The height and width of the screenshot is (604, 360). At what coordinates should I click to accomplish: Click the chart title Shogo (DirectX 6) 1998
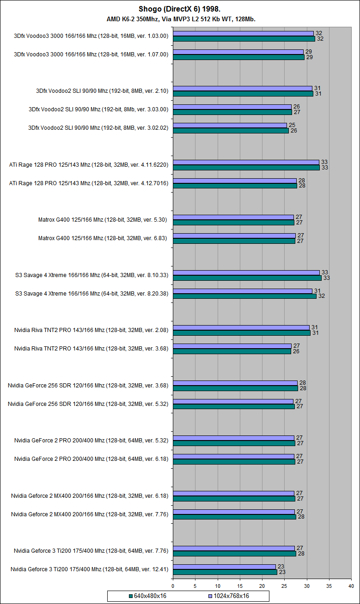tap(180, 9)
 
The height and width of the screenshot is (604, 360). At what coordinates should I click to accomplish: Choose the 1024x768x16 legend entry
tap(230, 596)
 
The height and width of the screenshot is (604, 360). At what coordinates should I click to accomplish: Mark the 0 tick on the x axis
tap(173, 586)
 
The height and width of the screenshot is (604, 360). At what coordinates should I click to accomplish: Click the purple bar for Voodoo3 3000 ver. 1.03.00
tap(243, 33)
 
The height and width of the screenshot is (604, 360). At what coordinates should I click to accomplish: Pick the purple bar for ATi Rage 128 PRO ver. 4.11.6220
tap(246, 162)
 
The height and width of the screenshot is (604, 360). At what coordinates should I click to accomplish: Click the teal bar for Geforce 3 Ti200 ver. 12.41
tap(225, 572)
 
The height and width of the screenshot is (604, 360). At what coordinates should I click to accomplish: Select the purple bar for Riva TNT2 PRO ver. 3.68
tap(232, 346)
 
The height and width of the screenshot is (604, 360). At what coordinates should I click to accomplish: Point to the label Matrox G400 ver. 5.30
tap(103, 220)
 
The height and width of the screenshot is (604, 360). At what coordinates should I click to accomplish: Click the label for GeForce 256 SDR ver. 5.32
tap(88, 404)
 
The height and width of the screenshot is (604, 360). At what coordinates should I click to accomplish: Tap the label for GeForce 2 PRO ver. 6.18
tap(91, 459)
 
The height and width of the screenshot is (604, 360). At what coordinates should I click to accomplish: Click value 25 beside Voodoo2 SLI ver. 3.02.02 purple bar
tap(292, 125)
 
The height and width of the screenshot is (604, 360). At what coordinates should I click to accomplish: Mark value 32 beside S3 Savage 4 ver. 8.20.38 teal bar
tap(321, 296)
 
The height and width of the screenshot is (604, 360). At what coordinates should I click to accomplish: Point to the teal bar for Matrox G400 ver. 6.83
tap(234, 241)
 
